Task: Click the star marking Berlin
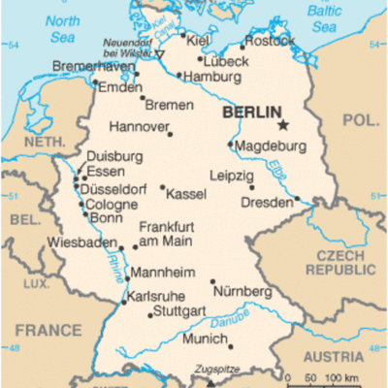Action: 283,125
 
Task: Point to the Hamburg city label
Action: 210,77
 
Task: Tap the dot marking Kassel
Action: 162,188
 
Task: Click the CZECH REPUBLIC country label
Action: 340,261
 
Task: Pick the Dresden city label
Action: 265,203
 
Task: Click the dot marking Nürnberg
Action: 212,281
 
